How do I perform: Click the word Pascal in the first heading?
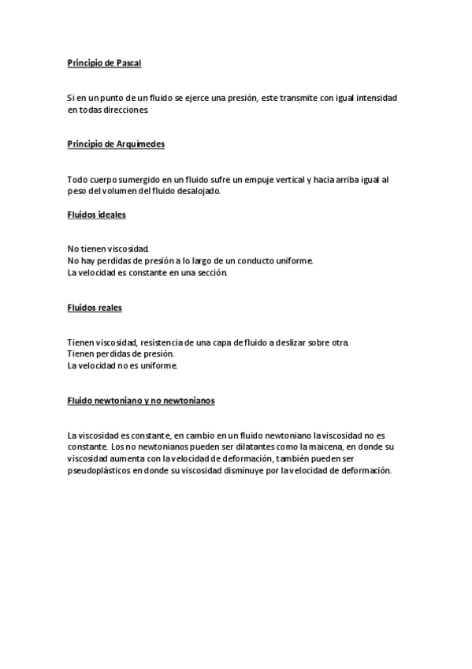point(127,62)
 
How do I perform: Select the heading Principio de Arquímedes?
point(116,144)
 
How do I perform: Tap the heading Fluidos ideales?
point(96,214)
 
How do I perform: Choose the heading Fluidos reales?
point(95,308)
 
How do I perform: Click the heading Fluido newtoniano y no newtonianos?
point(141,401)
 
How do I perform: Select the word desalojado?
point(199,191)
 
